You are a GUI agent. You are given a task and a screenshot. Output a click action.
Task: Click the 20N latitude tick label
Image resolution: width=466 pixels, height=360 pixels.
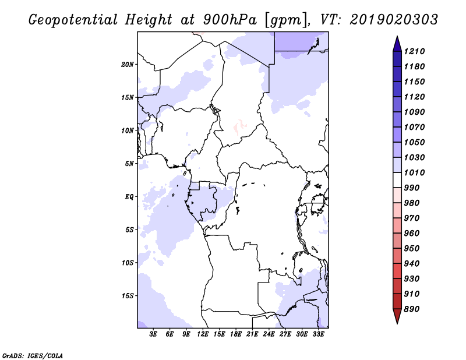pos(128,65)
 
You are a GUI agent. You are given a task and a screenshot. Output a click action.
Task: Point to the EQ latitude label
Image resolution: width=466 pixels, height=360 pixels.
pos(129,197)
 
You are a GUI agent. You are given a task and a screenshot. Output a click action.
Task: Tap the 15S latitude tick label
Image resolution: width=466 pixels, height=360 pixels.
pos(128,296)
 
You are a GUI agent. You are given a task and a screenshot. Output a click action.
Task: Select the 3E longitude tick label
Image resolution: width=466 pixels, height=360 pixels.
pos(153,334)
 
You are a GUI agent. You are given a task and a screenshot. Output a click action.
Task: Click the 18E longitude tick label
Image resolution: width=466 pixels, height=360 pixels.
pos(236,334)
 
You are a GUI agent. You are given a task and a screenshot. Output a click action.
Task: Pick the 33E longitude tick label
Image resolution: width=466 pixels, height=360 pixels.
pos(318,334)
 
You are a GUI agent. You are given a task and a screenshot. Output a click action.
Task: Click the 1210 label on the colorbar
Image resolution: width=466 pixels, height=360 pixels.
pos(414,51)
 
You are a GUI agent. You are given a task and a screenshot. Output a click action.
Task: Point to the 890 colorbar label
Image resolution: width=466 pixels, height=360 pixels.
pos(412,309)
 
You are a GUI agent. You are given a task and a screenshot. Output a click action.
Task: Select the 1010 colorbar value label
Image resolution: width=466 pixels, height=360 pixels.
pos(414,172)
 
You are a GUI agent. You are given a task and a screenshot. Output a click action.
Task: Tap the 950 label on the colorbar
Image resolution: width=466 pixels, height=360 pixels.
pos(412,249)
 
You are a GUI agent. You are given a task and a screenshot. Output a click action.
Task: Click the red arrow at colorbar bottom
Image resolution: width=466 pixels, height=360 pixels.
pos(397,316)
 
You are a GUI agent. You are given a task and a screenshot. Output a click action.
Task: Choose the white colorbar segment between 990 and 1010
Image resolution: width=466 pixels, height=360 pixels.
pos(397,180)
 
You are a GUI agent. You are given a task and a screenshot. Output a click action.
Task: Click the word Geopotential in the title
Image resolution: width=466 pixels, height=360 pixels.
pos(73,20)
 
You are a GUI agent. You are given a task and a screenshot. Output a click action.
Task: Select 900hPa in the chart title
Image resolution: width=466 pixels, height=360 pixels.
pos(230,20)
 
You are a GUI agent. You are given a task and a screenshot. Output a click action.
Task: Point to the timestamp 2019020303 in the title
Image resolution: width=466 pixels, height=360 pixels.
pos(394,20)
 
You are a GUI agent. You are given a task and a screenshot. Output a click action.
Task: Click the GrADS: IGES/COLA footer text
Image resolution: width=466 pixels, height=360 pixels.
pos(33,356)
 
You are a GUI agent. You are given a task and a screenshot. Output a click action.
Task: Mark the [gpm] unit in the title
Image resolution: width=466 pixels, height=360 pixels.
pos(286,20)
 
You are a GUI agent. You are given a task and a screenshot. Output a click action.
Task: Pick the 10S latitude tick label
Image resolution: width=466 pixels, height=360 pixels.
pos(128,263)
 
